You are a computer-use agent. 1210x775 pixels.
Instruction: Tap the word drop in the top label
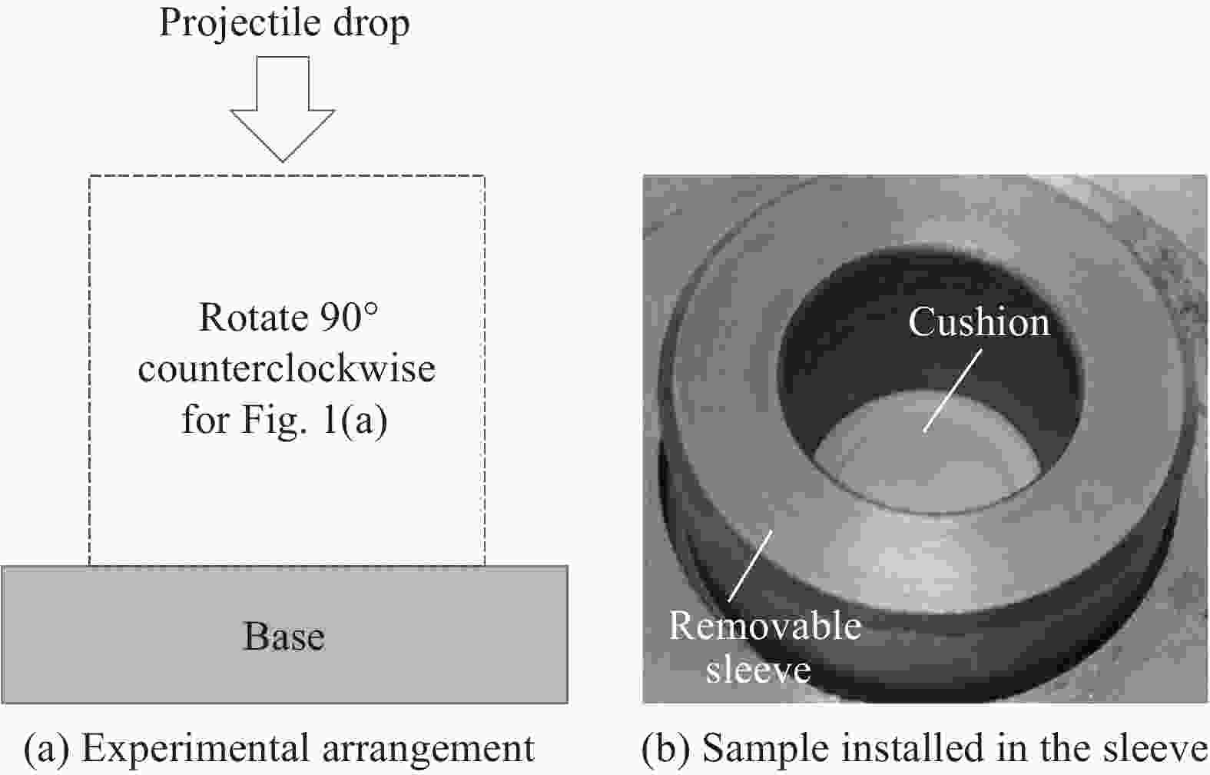pos(371,24)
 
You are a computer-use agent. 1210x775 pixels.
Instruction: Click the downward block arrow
pos(283,108)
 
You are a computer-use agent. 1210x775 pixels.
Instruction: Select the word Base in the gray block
pos(284,636)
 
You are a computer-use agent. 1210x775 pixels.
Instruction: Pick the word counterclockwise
pos(287,368)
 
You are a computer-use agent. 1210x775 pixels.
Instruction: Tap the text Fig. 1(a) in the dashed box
pos(314,421)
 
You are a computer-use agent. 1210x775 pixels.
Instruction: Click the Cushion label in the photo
pos(979,322)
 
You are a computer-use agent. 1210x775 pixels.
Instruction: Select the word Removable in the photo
pos(765,626)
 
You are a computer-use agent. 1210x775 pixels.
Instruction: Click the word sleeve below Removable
pos(758,670)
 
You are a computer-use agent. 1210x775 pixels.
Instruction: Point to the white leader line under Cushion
pos(953,391)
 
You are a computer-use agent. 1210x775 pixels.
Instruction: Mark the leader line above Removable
pos(751,566)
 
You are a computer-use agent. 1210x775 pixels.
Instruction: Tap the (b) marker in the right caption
pos(665,749)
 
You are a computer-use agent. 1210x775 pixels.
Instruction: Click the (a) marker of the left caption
pos(46,749)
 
